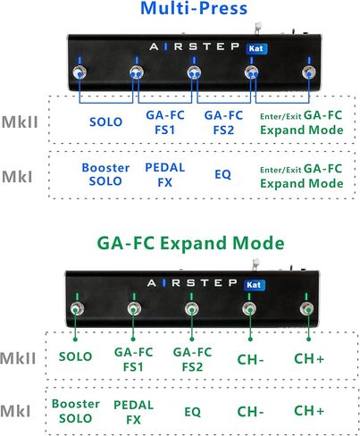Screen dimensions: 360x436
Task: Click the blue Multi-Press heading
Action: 194,8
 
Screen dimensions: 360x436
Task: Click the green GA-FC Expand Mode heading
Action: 190,243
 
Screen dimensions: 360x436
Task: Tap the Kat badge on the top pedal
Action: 256,48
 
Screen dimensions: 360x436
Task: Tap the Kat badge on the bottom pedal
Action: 254,285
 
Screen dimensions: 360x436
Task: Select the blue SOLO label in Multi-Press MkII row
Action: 106,122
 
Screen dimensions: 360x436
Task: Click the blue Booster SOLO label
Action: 105,174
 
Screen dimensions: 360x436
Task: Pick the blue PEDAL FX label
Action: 165,175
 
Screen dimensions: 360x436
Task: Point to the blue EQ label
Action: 222,174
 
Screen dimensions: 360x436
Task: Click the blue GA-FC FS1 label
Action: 165,122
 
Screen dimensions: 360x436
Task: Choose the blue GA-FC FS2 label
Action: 223,122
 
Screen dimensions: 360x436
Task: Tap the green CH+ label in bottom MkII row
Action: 309,358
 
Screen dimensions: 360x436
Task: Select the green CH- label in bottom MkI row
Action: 250,412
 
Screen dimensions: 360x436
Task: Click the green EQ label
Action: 192,412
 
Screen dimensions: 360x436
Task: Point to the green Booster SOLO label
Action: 76,411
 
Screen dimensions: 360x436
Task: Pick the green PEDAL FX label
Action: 133,412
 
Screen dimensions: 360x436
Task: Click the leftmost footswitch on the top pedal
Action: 80,72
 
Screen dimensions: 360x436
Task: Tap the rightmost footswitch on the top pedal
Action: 309,72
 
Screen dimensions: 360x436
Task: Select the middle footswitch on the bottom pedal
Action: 191,309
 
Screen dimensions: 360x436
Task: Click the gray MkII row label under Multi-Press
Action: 20,122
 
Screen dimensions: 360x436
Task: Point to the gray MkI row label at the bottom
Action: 15,411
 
